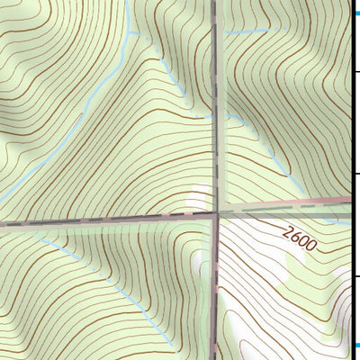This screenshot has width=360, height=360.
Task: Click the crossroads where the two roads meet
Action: tap(217, 213)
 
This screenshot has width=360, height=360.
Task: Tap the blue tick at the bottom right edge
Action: tap(355, 345)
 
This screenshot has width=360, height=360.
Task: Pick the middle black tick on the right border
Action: tap(355, 174)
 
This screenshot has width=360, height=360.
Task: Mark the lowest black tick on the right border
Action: tap(355, 276)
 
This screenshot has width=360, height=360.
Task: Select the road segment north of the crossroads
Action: tap(217, 72)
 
